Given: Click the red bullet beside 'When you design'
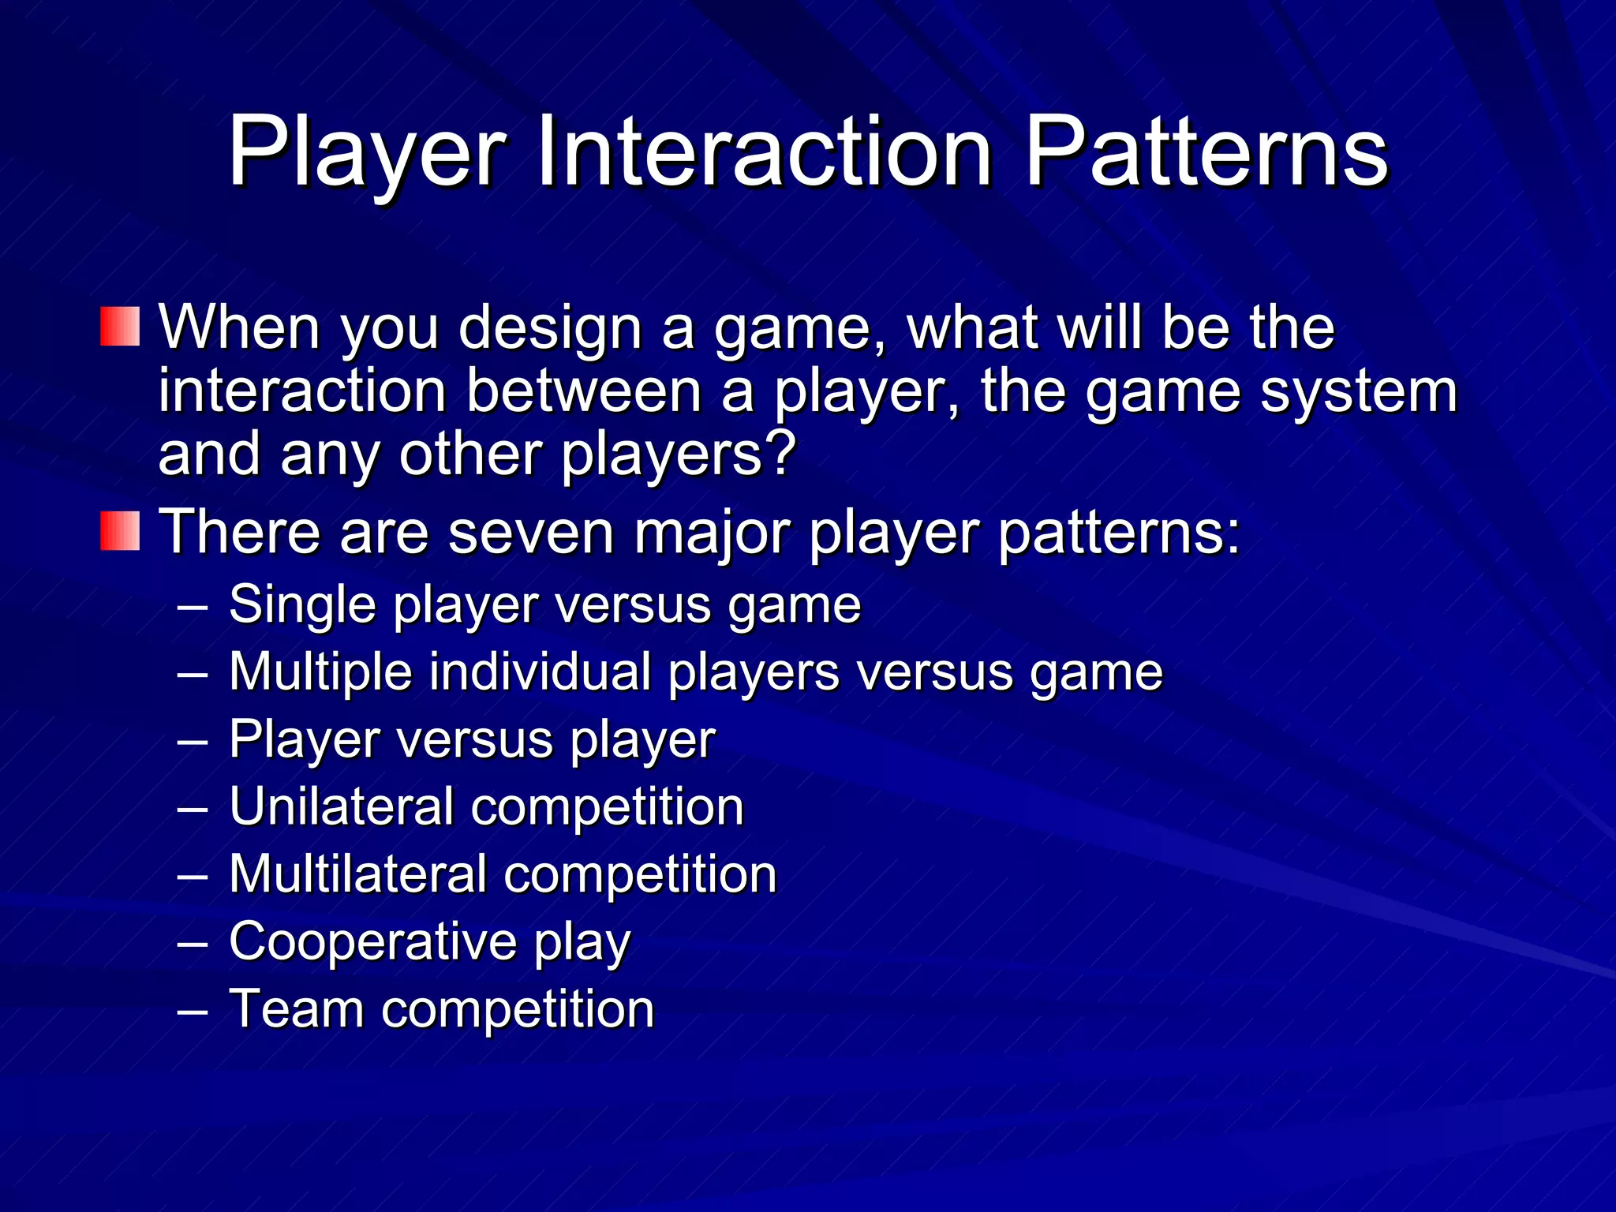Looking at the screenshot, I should [x=120, y=327].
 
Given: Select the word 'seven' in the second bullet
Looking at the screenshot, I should [x=531, y=533].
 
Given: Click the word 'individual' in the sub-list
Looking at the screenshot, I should [x=541, y=672].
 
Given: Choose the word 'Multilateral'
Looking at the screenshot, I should [x=357, y=874].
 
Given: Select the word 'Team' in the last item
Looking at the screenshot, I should [x=296, y=1009].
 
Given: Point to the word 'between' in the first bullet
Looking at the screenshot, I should [x=584, y=392].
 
